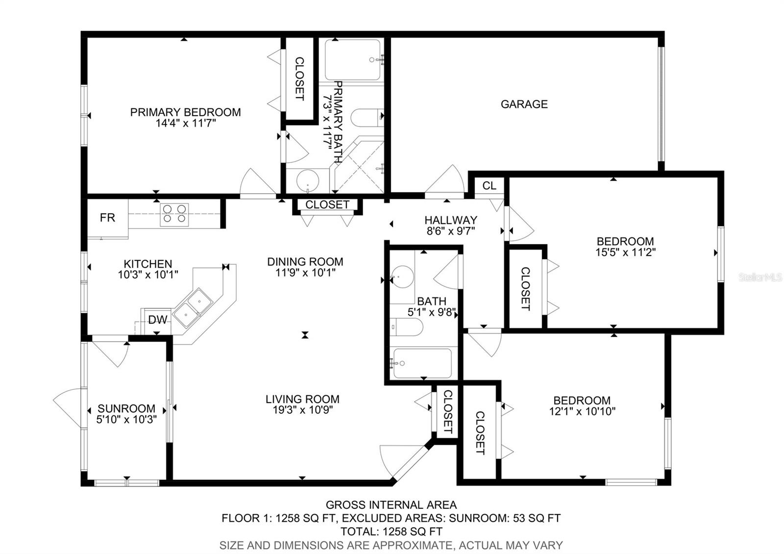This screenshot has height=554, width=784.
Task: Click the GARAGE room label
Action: tap(524, 104)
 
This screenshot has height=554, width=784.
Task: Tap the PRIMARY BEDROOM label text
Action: tap(185, 112)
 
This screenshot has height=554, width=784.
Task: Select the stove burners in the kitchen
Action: tap(174, 214)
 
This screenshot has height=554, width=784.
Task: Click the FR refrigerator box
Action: tap(107, 218)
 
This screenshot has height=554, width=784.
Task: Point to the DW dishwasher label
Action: tap(157, 320)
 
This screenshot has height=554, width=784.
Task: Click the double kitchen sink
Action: tap(193, 307)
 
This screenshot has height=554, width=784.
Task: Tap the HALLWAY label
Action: tap(450, 220)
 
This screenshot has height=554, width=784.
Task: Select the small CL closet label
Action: tap(489, 186)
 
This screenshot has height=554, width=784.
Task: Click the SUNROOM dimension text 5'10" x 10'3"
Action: tap(126, 420)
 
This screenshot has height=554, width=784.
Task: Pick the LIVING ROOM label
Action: tap(302, 399)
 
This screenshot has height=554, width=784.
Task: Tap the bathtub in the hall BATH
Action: tap(422, 363)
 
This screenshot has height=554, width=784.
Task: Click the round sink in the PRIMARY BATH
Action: tap(308, 181)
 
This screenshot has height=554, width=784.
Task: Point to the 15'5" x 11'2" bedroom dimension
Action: tap(625, 252)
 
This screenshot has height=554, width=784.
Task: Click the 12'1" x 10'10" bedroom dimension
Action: tap(582, 411)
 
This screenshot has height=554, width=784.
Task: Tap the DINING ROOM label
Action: tap(305, 261)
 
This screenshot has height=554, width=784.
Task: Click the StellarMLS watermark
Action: tap(760, 277)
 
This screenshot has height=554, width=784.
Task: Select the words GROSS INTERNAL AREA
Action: tap(391, 504)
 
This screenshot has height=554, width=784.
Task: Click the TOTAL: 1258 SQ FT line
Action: tap(391, 531)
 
